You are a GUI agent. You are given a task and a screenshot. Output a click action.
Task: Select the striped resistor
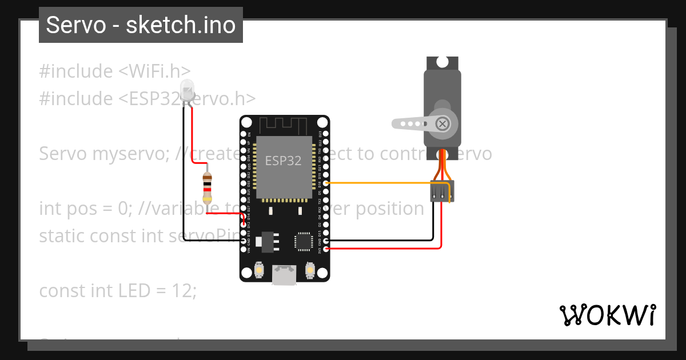point(208,188)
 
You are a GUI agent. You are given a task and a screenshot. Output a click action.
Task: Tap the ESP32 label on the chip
point(283,161)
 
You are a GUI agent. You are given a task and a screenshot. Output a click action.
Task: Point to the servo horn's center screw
point(442,123)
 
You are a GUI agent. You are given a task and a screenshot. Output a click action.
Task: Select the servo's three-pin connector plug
point(442,191)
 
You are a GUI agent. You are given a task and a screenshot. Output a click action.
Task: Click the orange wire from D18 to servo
point(377,183)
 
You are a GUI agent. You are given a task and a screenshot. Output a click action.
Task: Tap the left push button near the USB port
point(259,270)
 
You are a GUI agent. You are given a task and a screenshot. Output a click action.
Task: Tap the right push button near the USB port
point(310,270)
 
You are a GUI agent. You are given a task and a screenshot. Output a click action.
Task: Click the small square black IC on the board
point(302,241)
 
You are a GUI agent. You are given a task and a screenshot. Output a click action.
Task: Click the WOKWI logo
point(607,315)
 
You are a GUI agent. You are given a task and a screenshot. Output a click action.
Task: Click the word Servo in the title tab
point(77,25)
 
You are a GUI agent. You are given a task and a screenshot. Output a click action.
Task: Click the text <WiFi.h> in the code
point(154,71)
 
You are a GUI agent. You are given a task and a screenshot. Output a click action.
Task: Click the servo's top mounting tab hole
point(442,61)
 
